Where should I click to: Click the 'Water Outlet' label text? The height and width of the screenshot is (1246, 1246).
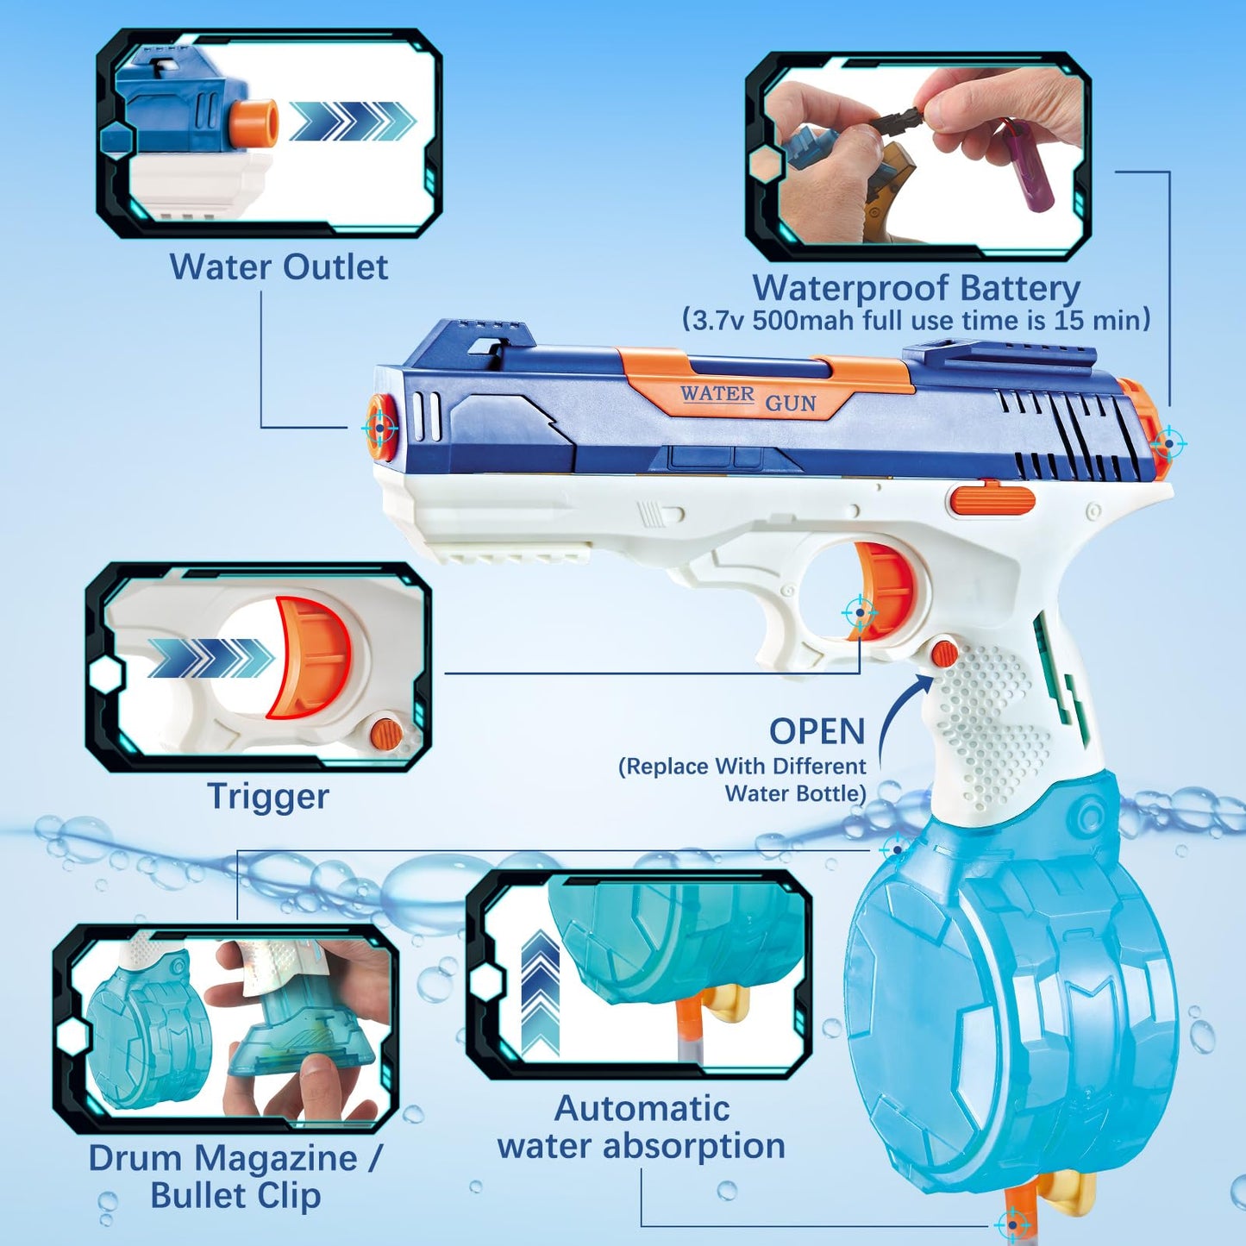point(279,266)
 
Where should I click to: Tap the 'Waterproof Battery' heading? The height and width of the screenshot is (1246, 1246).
point(917,288)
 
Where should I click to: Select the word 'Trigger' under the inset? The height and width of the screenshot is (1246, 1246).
point(268,797)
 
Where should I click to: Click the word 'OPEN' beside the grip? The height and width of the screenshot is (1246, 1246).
point(817,731)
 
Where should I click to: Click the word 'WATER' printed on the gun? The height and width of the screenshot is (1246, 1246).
point(717,393)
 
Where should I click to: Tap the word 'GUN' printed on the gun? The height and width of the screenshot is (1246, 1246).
point(790,403)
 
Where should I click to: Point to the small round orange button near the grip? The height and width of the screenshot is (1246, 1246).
point(944,653)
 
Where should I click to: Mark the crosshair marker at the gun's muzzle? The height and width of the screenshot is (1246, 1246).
point(380,427)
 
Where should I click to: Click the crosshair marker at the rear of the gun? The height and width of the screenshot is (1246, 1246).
point(1168,443)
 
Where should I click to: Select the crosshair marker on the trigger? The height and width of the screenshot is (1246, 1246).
point(860,611)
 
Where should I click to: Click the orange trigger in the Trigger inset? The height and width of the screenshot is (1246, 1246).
point(310,658)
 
